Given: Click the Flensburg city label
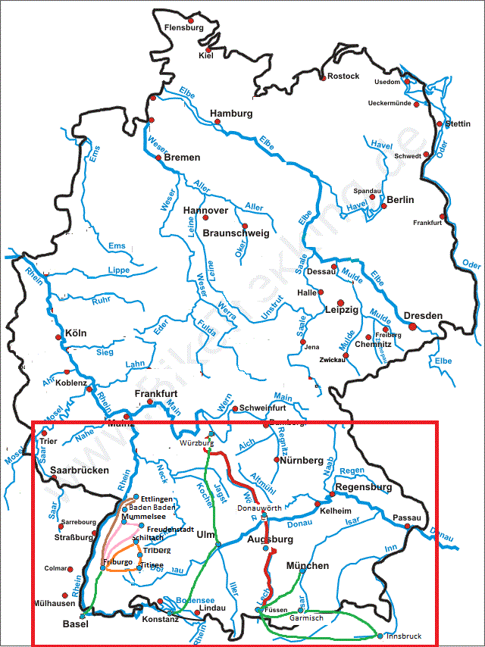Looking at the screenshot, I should point(185,28).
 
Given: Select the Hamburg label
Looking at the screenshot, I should point(231,114).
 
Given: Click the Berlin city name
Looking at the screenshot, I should point(400,200).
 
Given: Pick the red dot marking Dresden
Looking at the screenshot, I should point(412,327).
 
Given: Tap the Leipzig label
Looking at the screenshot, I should point(341,310).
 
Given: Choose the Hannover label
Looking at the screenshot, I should point(205,210).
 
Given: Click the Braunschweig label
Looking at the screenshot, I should point(236,233).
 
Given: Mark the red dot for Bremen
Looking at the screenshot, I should point(158,158).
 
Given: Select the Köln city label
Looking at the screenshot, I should point(76,333).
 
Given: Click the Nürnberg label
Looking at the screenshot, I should point(301,460).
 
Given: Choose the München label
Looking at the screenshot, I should point(308,566).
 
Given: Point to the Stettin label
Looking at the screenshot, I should point(458,123).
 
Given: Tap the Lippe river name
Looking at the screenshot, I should point(119,270).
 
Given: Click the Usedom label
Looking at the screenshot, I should point(387,82).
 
